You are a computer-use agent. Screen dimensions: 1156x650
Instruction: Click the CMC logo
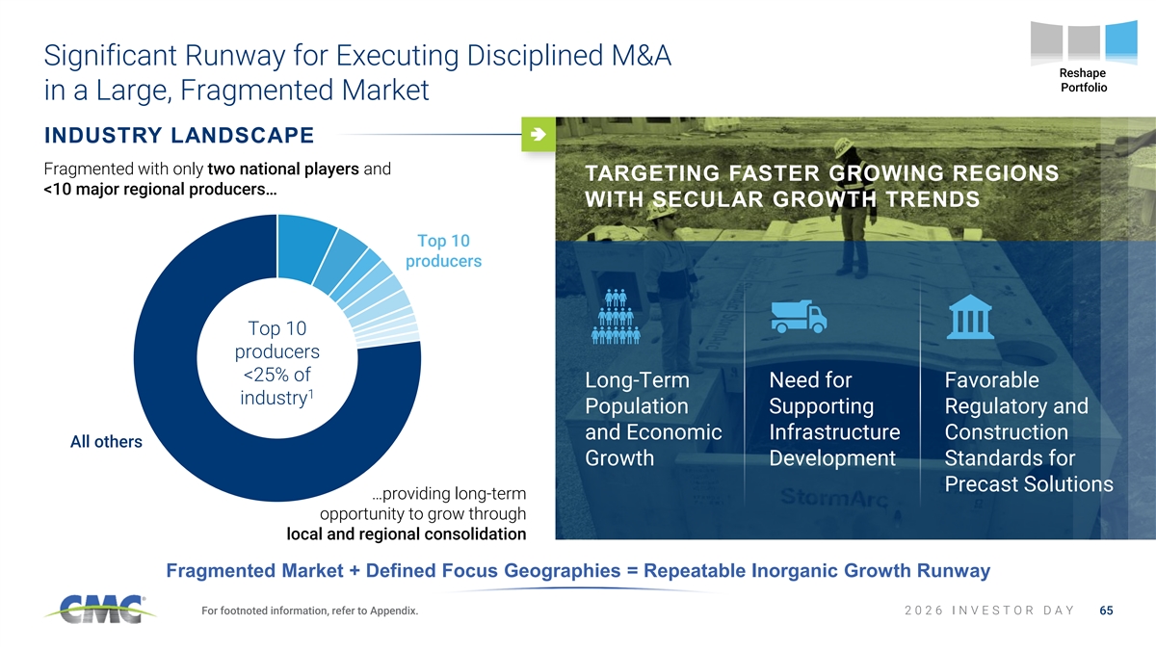point(100,610)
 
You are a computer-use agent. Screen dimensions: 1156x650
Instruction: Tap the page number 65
point(1106,611)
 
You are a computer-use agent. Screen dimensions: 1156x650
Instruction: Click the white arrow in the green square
point(539,134)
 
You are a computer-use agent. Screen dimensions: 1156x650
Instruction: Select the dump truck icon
point(799,316)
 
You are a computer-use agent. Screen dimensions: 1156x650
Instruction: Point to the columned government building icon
point(970,317)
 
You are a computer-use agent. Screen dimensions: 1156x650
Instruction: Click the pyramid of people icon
point(616,317)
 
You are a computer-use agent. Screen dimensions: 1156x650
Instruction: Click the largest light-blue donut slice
point(303,247)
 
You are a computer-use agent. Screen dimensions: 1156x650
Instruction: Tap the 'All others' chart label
point(106,442)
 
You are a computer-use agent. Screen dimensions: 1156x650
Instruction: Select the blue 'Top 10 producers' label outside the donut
point(443,250)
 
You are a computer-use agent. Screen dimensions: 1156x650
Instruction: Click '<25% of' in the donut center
point(277,375)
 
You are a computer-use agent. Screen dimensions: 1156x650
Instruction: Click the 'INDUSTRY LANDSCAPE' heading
point(179,135)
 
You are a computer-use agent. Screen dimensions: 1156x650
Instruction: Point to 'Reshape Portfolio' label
point(1083,80)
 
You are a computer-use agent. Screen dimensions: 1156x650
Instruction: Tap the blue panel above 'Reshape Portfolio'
point(1121,41)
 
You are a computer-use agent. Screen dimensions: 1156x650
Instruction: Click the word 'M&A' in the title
point(641,56)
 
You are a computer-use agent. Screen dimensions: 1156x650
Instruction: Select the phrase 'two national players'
point(283,169)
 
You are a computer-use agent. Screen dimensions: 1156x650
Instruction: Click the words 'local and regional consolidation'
point(407,533)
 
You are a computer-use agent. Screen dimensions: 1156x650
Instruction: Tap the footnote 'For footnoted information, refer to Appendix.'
point(309,611)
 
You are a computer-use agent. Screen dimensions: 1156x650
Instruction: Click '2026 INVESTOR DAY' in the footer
point(989,611)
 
